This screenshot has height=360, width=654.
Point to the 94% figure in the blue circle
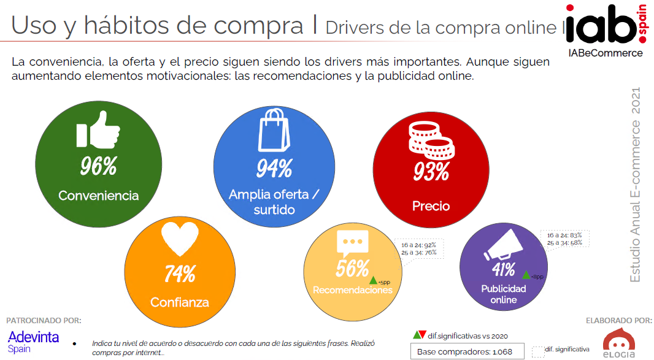tap(274, 168)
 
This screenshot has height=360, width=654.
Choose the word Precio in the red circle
tap(431, 206)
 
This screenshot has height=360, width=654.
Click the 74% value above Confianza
tap(180, 274)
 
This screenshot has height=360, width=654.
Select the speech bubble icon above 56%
tap(352, 242)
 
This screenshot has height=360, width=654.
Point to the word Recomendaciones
tap(352, 290)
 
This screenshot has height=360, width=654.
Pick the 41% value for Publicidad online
tap(503, 269)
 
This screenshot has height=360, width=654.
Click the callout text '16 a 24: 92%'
tap(419, 243)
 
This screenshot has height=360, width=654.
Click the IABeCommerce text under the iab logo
tap(605, 53)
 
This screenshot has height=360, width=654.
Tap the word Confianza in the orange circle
tap(180, 302)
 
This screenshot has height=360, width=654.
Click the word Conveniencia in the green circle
tap(98, 196)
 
